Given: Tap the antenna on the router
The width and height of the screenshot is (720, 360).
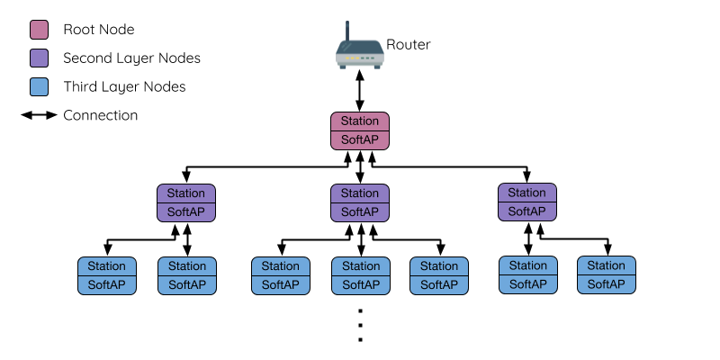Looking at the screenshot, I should pyautogui.click(x=347, y=31).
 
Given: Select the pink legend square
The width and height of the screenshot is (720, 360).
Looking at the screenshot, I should pyautogui.click(x=39, y=30).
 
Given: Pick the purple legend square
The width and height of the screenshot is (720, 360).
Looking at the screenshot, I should pyautogui.click(x=39, y=58).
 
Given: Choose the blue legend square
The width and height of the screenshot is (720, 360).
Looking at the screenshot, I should pyautogui.click(x=39, y=87).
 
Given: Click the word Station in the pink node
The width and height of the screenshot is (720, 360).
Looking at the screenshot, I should pyautogui.click(x=360, y=121).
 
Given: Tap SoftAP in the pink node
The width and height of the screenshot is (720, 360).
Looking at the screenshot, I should pyautogui.click(x=360, y=140).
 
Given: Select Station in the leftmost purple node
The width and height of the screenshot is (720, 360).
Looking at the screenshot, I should pyautogui.click(x=186, y=193).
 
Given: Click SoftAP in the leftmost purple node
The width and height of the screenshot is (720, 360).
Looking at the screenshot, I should pyautogui.click(x=186, y=212).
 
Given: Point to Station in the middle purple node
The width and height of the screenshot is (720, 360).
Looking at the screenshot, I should pyautogui.click(x=360, y=193).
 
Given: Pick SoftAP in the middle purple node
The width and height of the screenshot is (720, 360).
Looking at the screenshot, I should pyautogui.click(x=360, y=212).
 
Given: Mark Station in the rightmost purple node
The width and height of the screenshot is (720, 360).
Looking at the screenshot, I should pyautogui.click(x=527, y=193).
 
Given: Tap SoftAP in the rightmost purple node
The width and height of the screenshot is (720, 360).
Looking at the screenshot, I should pyautogui.click(x=527, y=211).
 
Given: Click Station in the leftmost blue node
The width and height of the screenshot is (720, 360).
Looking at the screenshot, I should pyautogui.click(x=107, y=266).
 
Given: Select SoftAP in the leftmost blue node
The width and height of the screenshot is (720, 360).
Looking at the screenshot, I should pyautogui.click(x=107, y=285).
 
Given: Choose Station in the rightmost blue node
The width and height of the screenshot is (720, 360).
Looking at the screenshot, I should pyautogui.click(x=607, y=265).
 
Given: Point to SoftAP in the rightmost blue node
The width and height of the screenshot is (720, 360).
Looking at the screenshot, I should pyautogui.click(x=607, y=284).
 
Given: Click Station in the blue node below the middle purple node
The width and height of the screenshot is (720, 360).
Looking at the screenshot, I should pyautogui.click(x=361, y=266).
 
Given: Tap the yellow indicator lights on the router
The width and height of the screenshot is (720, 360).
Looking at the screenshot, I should pyautogui.click(x=353, y=58).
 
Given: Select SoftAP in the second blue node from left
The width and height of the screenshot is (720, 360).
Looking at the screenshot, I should pyautogui.click(x=187, y=285).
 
